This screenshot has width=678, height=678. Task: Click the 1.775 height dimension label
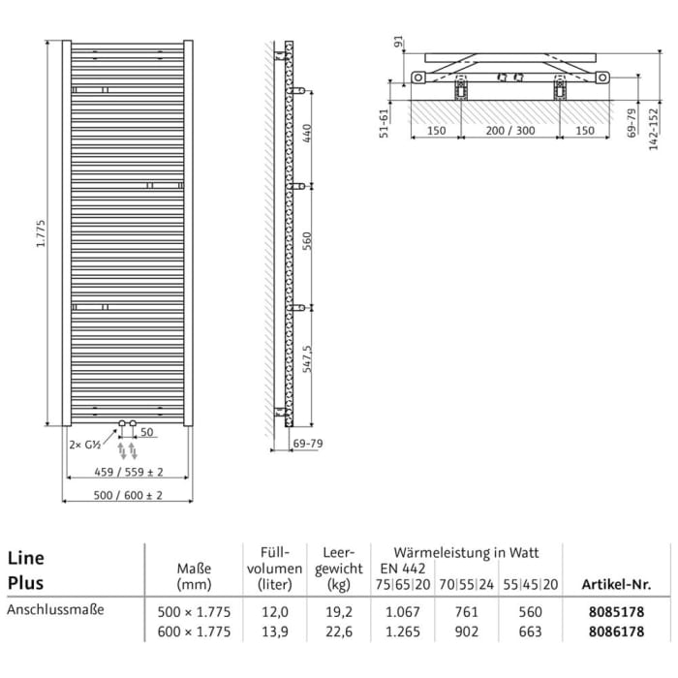click(41, 232)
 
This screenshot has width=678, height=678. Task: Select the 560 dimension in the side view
click(309, 246)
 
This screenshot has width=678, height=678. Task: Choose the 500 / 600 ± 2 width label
click(129, 495)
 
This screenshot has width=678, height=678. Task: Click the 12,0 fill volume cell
click(275, 611)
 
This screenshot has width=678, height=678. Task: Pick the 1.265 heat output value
click(403, 632)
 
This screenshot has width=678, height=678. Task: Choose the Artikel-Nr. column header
click(614, 584)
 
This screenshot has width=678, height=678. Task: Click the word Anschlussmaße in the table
click(55, 610)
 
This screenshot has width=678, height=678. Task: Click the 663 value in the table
click(531, 632)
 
